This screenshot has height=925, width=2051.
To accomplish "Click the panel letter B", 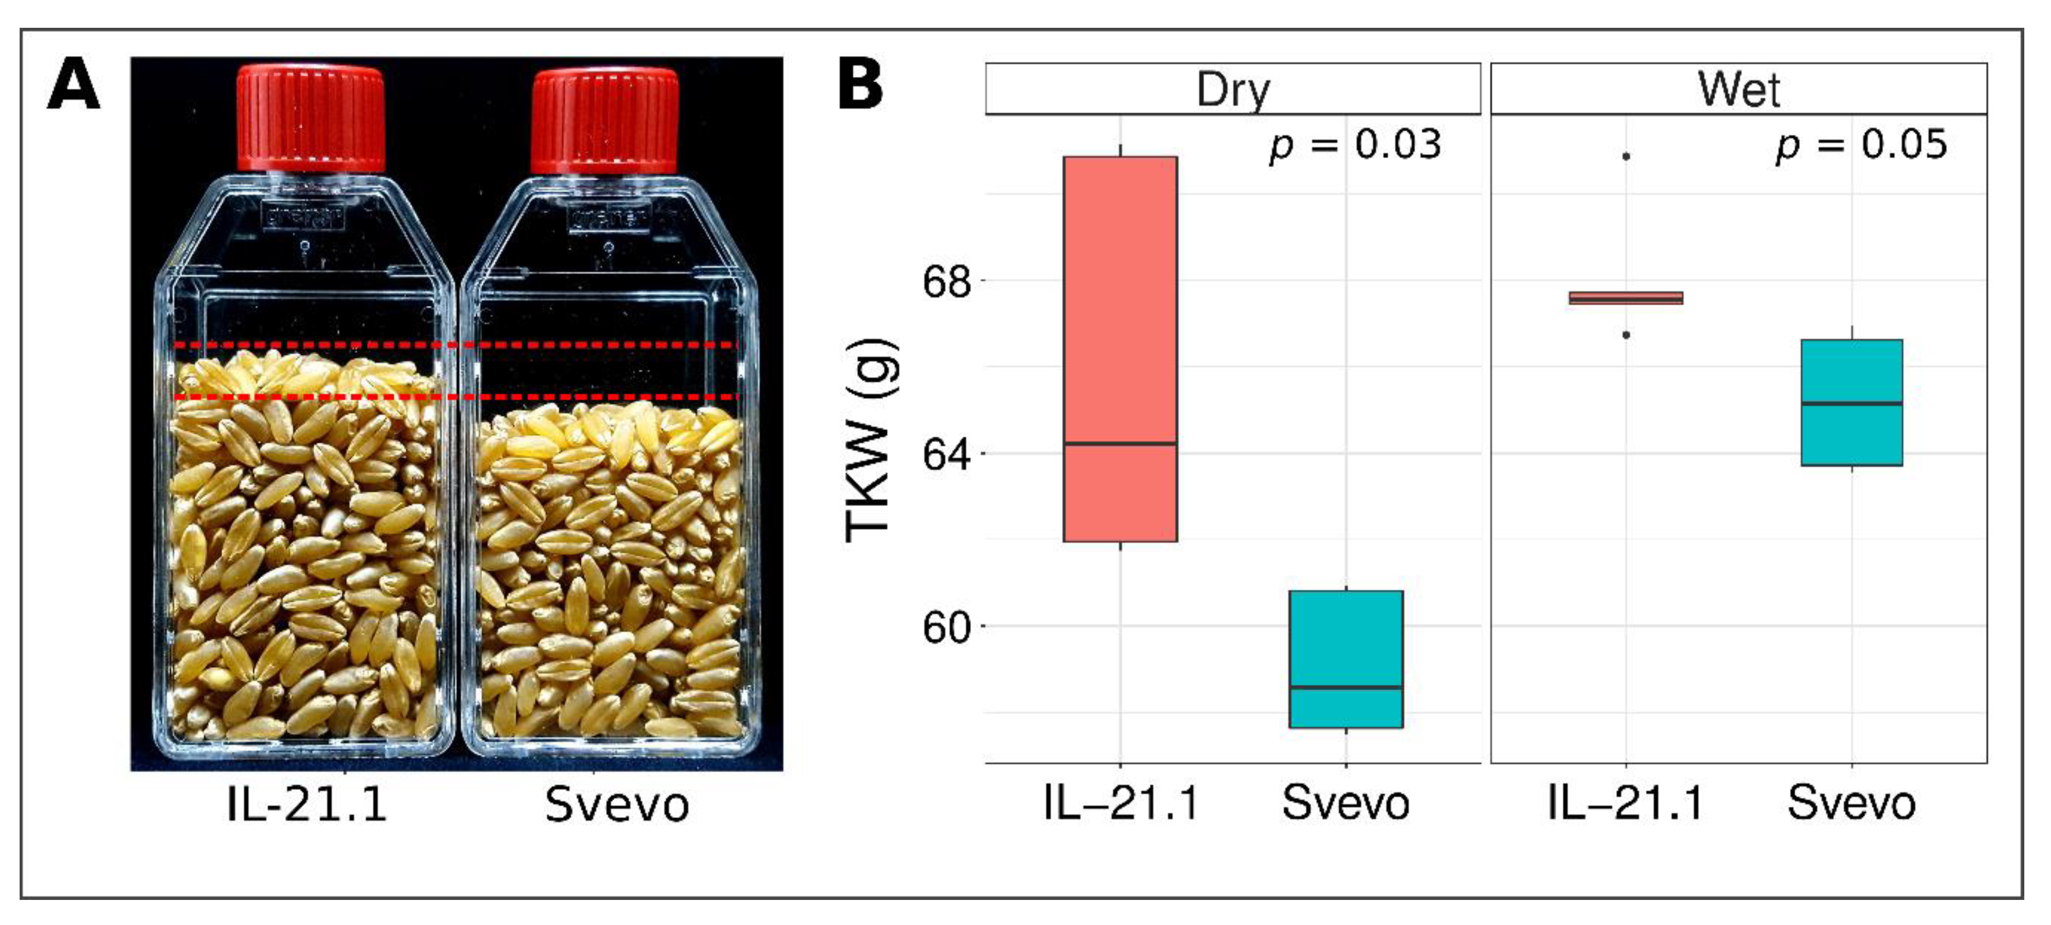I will (861, 85).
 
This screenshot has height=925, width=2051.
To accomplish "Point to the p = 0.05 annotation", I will (1861, 145).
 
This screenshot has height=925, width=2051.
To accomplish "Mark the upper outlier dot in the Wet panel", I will (1626, 156).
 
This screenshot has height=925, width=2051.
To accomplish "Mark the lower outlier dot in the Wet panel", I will (1626, 335).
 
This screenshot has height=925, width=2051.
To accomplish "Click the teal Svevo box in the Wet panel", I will (1851, 374).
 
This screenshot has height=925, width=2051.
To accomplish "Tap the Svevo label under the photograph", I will (616, 805).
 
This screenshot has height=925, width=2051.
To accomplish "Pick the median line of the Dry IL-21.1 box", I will (1120, 443).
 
